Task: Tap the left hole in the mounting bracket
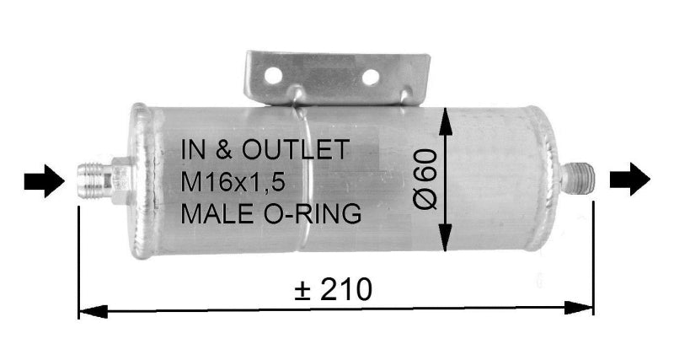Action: [270, 76]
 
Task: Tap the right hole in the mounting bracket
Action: [370, 78]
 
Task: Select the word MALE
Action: [212, 214]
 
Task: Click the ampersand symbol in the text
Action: [223, 150]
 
